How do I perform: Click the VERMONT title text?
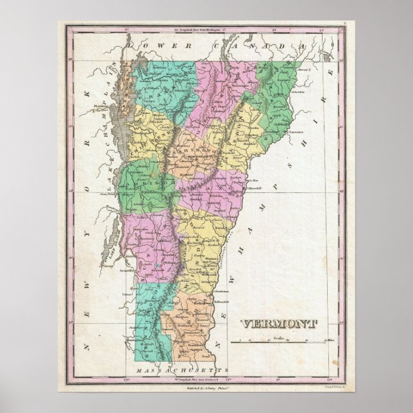[273, 323]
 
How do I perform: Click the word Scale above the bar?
[276, 337]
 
